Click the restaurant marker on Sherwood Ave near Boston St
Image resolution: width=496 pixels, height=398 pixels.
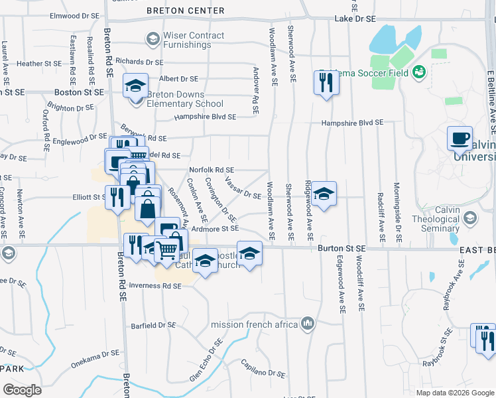326,84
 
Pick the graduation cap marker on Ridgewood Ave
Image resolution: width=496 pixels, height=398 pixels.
323,195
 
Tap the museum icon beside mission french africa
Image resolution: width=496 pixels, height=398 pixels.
308,324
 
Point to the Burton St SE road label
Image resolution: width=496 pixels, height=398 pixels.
341,247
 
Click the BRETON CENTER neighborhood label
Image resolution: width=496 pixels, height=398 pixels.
185,11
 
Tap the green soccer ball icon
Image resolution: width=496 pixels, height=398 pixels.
418,71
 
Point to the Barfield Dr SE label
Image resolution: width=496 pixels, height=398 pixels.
153,326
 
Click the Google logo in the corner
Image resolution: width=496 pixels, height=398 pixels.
22,390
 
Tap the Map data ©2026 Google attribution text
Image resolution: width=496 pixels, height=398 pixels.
455,393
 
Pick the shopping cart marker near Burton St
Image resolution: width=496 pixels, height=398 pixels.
166,251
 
